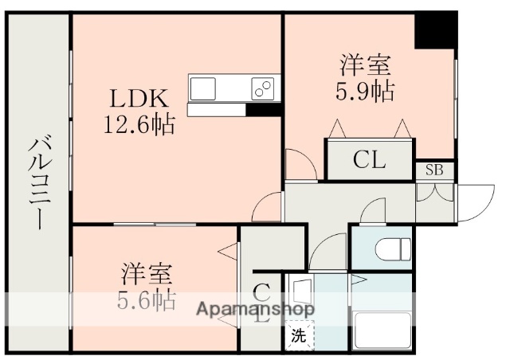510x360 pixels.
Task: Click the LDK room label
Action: [139, 100]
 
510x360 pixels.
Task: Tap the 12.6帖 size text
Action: [139, 124]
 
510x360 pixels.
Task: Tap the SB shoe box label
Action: [434, 170]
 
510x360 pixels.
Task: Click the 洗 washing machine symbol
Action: [297, 335]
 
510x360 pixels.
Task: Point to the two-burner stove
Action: [262, 86]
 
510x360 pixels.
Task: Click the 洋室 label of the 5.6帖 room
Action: [148, 276]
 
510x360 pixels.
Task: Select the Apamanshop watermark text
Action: [254, 308]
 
